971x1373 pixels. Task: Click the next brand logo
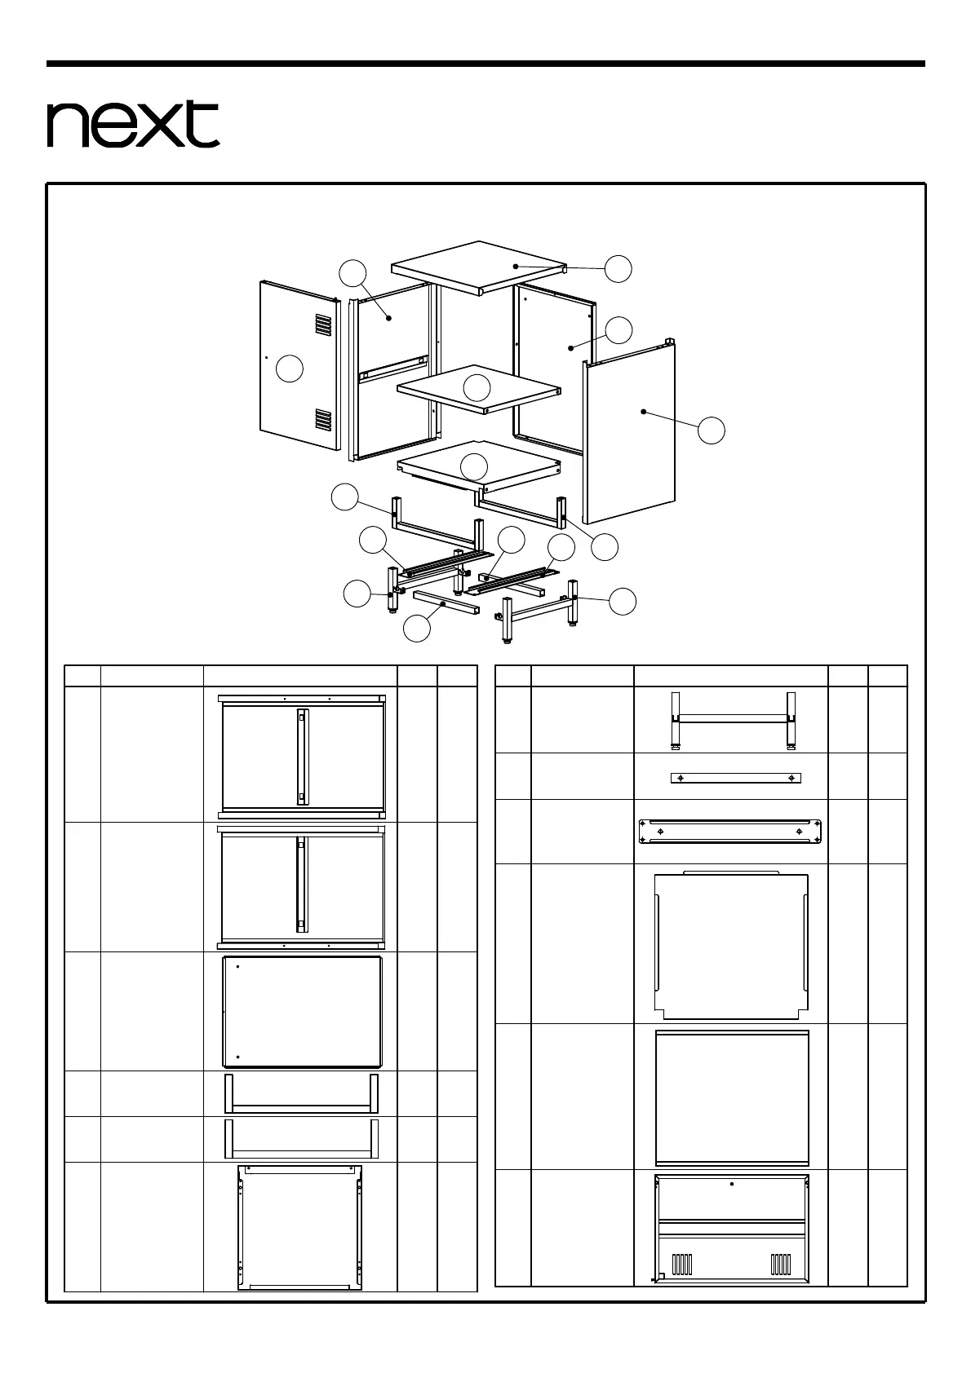coord(133,124)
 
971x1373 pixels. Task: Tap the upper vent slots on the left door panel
coord(324,326)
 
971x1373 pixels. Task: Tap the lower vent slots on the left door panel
coord(324,419)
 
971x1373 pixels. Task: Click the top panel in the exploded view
coord(479,267)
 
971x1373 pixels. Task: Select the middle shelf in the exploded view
coord(480,387)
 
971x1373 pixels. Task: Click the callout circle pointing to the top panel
coord(619,268)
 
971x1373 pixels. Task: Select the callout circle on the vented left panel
coord(290,369)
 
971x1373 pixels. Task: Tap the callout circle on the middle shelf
coord(477,387)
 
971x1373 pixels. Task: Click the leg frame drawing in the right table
coord(731,719)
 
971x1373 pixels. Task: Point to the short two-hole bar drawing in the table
coord(735,778)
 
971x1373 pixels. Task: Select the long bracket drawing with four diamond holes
coord(729,832)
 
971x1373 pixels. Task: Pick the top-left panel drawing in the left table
coord(302,756)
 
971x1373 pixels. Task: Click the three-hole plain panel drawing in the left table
coord(303,1012)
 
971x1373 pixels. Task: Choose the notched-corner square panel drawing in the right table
coord(731,946)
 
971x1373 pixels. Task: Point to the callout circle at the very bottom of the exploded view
coord(418,628)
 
